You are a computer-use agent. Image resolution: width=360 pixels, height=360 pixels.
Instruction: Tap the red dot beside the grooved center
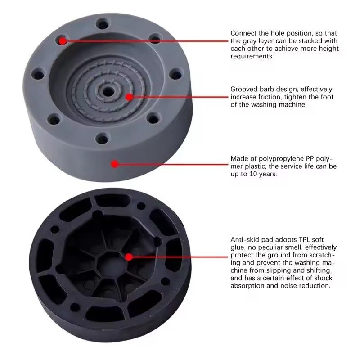129,97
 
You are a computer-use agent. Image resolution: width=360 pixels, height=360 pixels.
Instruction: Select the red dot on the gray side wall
115,164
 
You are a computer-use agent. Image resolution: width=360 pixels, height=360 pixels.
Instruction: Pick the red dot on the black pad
129,257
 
